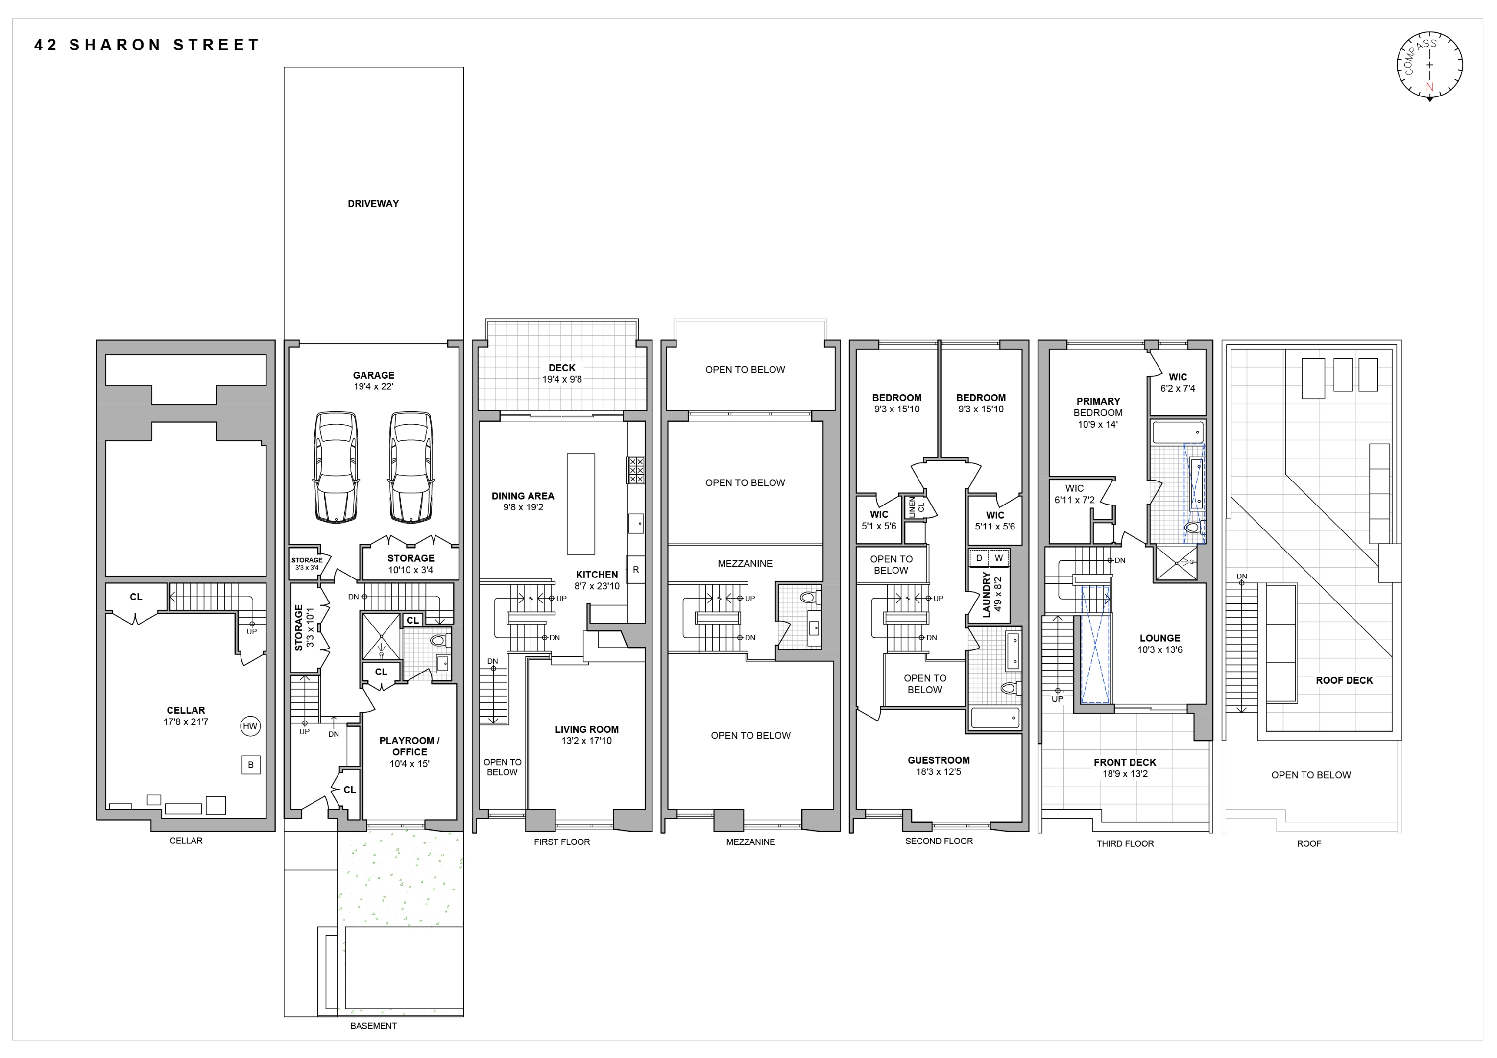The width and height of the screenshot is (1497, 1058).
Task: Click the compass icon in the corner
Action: (x=1429, y=66)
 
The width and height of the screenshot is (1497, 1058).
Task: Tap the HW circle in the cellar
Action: (x=250, y=726)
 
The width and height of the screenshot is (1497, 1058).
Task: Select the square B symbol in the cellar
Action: (x=250, y=765)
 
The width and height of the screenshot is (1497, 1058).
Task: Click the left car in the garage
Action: (x=336, y=467)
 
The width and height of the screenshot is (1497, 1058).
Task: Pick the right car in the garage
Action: (x=411, y=467)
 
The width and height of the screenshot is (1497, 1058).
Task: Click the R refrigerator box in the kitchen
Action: (x=636, y=569)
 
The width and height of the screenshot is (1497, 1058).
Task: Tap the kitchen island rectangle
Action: (x=580, y=504)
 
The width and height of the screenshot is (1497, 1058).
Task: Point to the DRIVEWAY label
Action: (x=373, y=203)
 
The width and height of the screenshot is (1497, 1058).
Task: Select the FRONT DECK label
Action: (x=1125, y=762)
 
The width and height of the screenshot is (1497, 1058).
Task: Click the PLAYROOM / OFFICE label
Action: (x=410, y=746)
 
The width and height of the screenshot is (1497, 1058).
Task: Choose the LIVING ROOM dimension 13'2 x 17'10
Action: (x=587, y=741)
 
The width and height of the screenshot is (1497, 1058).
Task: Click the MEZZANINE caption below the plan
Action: (x=750, y=842)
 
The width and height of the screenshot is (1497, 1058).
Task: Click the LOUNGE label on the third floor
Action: (x=1159, y=638)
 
